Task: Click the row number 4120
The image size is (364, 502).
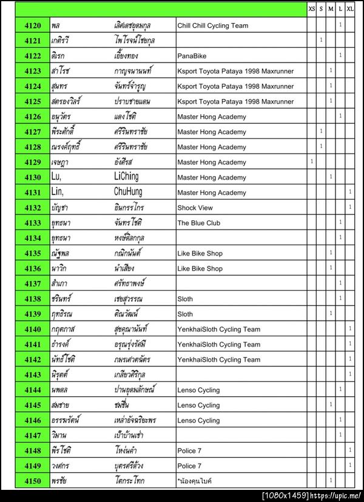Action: pyautogui.click(x=33, y=25)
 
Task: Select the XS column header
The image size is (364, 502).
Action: pyautogui.click(x=312, y=9)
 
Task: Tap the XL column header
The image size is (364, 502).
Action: pyautogui.click(x=351, y=9)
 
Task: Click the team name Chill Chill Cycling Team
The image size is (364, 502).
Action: pyautogui.click(x=212, y=26)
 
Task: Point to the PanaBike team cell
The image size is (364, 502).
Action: pyautogui.click(x=192, y=56)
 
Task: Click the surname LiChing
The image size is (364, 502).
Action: pyautogui.click(x=126, y=177)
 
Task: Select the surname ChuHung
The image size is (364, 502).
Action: pyautogui.click(x=129, y=192)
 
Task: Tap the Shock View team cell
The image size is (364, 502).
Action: pyautogui.click(x=195, y=208)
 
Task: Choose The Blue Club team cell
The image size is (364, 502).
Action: pyautogui.click(x=198, y=223)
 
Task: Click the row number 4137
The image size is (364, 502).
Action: pyautogui.click(x=33, y=283)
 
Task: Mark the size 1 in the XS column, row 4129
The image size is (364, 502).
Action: pyautogui.click(x=312, y=162)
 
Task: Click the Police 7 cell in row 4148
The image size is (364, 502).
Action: pyautogui.click(x=189, y=451)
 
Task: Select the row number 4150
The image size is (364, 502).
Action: pyautogui.click(x=33, y=481)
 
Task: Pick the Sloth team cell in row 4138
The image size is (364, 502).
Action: pyautogui.click(x=185, y=299)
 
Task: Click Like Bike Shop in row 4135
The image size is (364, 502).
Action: pyautogui.click(x=200, y=254)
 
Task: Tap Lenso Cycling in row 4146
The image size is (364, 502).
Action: pyautogui.click(x=198, y=421)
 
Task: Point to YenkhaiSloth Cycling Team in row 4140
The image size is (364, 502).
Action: pyautogui.click(x=218, y=330)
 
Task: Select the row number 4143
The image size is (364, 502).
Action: pyautogui.click(x=33, y=375)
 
